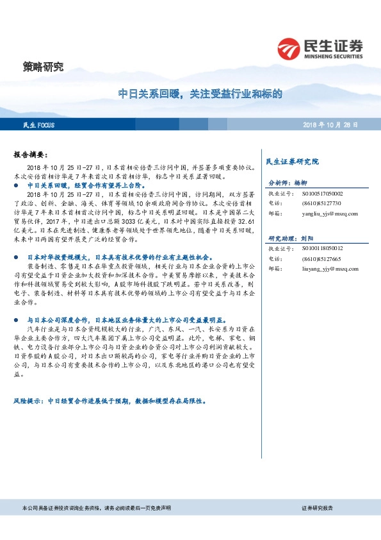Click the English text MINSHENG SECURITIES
(x=335, y=56)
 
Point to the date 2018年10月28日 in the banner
(x=330, y=125)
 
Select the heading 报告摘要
(x=30, y=155)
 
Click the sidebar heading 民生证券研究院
(x=292, y=162)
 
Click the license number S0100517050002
(x=322, y=193)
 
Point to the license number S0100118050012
(x=322, y=248)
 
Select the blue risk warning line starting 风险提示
(x=109, y=400)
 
